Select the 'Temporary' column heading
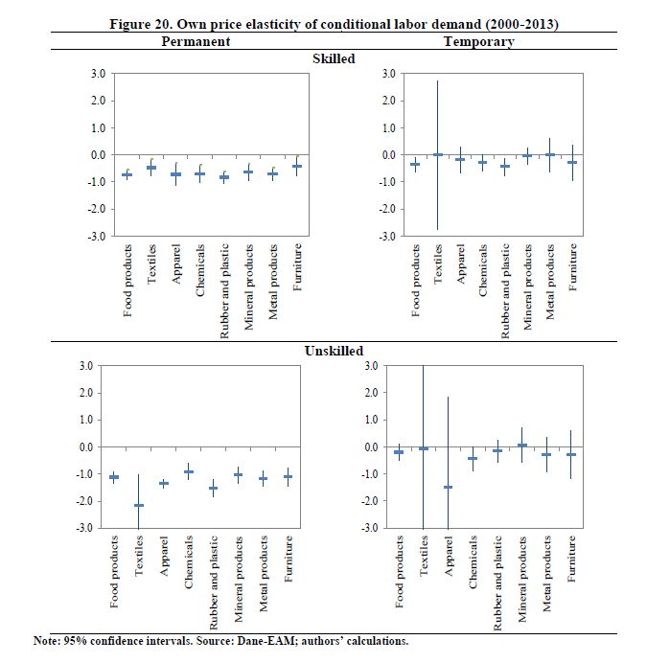[x=478, y=42]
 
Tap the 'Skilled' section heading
[x=335, y=58]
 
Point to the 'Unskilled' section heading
[x=334, y=352]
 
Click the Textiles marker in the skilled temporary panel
[x=438, y=154]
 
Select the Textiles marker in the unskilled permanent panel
[x=139, y=505]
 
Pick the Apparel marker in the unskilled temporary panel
[x=449, y=487]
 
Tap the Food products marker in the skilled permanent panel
[x=127, y=174]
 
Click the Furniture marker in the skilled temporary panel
[x=572, y=162]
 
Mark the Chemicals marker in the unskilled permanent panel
[x=189, y=471]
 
